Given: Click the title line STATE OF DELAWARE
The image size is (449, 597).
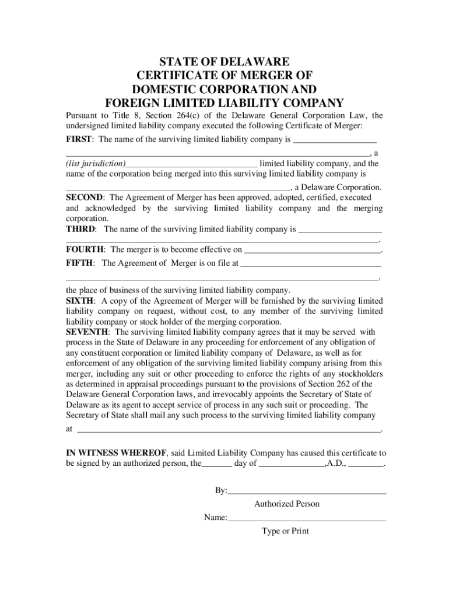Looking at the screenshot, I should (x=224, y=61).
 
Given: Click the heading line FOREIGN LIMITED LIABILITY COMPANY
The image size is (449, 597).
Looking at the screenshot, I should (x=224, y=101).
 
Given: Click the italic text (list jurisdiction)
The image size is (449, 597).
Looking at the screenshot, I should (x=95, y=164).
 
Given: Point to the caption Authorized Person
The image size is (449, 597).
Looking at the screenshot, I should (x=287, y=504).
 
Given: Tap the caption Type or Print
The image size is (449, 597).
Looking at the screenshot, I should (x=285, y=531).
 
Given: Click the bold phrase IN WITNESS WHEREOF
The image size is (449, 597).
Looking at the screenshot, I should (x=117, y=452).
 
